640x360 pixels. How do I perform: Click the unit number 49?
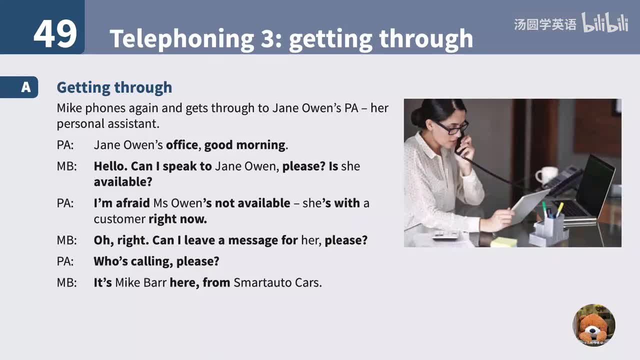point(55,33)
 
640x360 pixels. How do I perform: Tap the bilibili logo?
point(604,23)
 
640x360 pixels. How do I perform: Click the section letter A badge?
point(25,87)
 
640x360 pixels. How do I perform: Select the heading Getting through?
point(114,87)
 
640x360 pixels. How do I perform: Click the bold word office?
point(182,145)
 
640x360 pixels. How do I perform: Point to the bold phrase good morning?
point(244,145)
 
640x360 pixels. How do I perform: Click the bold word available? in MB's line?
point(123,181)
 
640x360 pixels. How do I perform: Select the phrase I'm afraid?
point(121,203)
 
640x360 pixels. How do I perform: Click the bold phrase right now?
point(177,219)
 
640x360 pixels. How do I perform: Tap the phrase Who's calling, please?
point(156,261)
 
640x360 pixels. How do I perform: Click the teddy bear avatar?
point(593,325)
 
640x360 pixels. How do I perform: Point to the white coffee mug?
point(545,175)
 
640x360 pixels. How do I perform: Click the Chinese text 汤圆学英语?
point(545,24)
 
